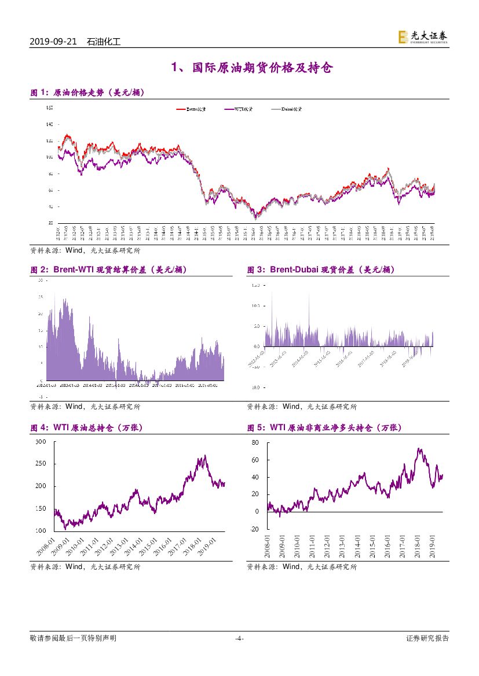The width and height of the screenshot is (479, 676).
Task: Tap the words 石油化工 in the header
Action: [103, 42]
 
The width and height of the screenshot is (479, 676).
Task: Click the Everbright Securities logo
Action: [423, 37]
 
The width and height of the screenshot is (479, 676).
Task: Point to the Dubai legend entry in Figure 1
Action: [286, 109]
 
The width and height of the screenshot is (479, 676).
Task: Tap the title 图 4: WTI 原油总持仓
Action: [86, 428]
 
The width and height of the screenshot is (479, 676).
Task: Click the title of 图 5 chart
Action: [324, 428]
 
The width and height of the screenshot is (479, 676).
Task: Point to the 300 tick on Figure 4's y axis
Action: [41, 442]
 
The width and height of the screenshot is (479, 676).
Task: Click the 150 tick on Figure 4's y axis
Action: [41, 508]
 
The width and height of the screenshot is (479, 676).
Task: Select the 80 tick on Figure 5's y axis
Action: [255, 443]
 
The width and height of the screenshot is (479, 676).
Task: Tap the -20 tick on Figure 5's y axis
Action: [254, 529]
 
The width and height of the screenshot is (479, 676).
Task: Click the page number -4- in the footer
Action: [239, 638]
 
